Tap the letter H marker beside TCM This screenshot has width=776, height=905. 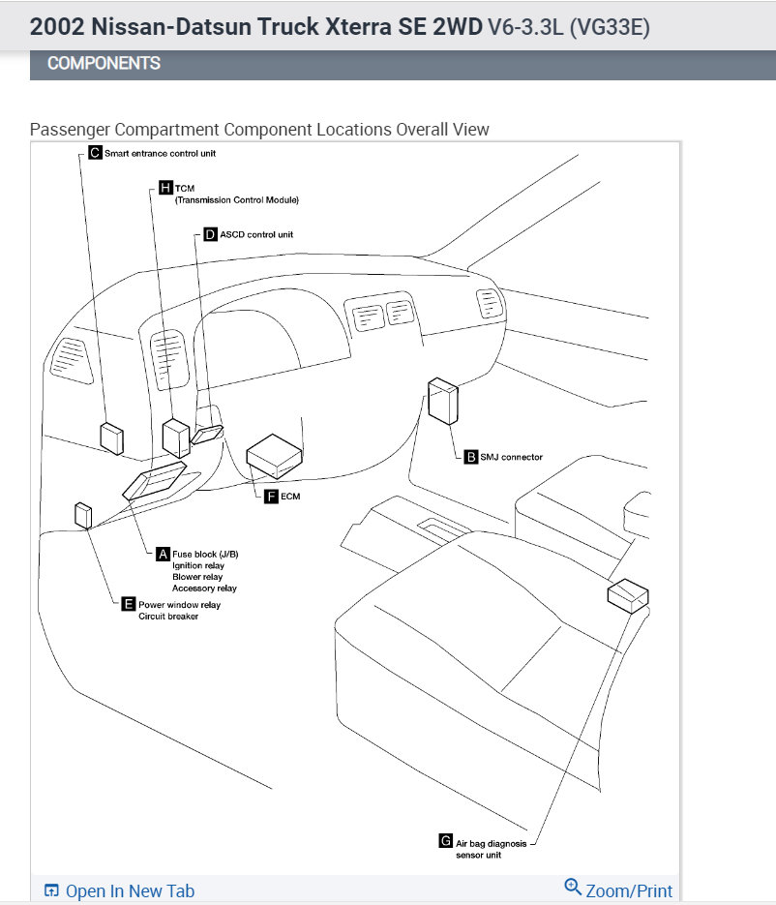165,187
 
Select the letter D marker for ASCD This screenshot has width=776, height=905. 210,234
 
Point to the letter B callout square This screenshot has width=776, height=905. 471,457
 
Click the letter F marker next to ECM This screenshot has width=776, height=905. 271,497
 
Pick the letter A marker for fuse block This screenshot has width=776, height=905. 163,554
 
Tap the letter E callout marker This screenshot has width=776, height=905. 129,605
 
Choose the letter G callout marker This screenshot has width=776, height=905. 445,842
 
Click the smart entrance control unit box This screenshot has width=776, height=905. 112,438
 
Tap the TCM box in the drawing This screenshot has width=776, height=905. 175,437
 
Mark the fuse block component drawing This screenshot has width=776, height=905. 155,481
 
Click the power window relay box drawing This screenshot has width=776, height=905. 83,516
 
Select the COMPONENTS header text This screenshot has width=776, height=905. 104,64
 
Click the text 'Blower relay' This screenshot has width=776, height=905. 197,577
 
